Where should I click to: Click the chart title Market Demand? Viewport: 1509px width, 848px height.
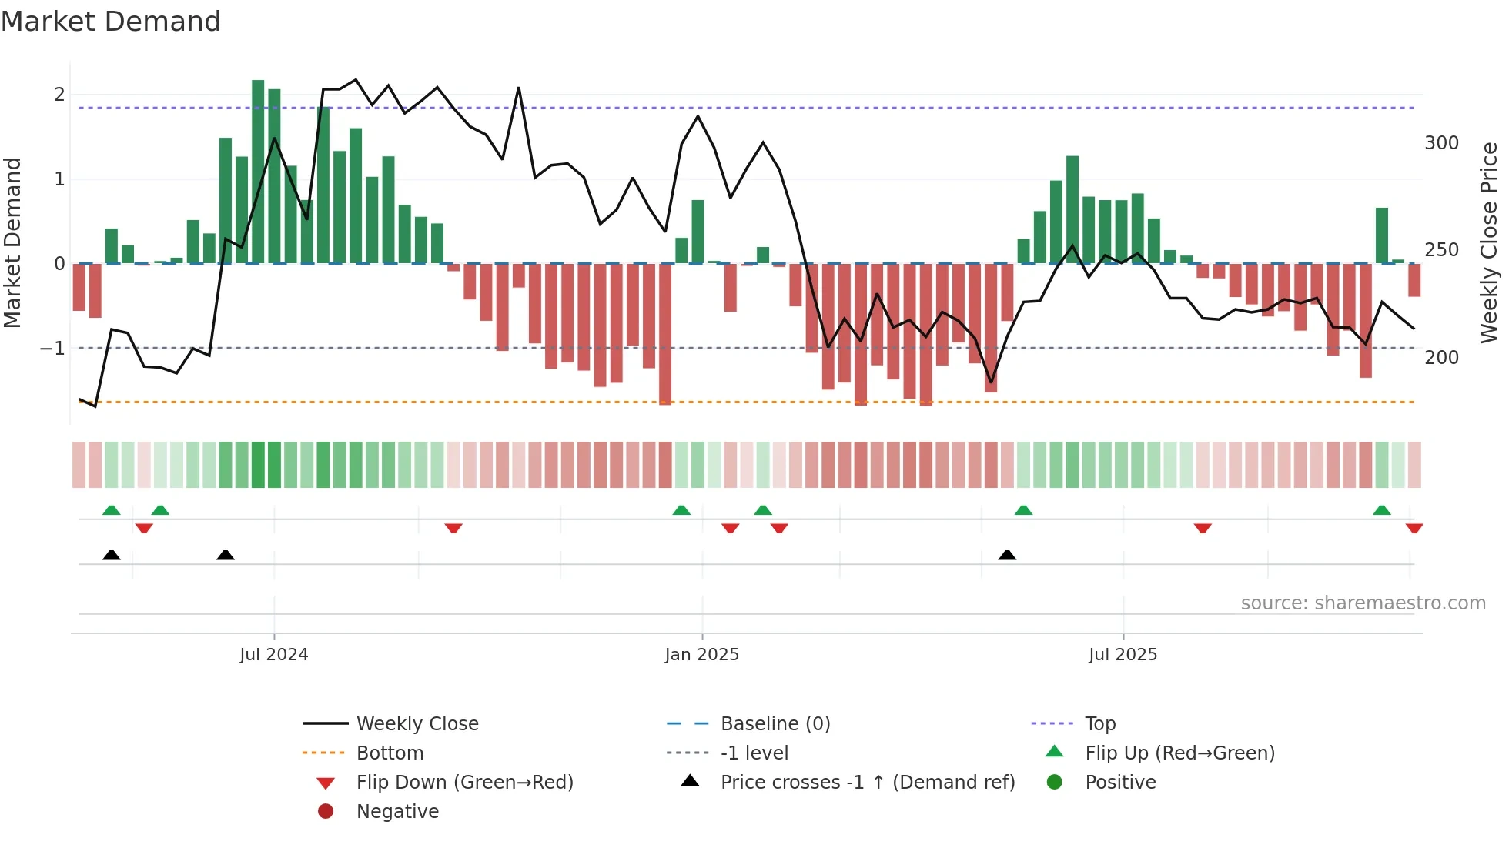coord(111,22)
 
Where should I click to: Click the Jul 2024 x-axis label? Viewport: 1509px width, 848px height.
coord(273,655)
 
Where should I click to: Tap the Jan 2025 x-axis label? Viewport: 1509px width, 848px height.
coord(701,655)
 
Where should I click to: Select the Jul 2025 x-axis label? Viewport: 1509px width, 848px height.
coord(1123,655)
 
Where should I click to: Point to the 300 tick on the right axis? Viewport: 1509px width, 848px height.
coord(1441,143)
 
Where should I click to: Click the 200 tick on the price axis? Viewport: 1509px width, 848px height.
coord(1441,358)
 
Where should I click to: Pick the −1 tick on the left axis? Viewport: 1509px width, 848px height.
coord(52,349)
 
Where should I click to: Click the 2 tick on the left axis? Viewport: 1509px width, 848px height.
coord(59,95)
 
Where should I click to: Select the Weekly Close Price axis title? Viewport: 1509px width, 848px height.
coord(1489,242)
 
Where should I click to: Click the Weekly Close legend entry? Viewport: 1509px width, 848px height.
coord(417,724)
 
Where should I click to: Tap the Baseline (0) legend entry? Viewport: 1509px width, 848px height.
coord(775,724)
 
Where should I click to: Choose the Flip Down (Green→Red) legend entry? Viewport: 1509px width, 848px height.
coord(464,783)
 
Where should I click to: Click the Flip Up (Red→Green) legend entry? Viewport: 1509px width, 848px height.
coord(1179,753)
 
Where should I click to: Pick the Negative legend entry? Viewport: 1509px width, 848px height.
coord(397,812)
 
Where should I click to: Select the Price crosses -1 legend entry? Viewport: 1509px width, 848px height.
coord(867,783)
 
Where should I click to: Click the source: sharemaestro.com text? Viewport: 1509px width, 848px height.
coord(1363,603)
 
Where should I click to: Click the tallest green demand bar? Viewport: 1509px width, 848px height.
coord(258,171)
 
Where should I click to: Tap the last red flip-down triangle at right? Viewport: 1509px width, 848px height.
coord(1414,528)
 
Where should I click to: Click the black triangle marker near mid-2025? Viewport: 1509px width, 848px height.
coord(1007,555)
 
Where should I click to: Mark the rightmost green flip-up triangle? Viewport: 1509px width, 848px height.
coord(1382,510)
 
